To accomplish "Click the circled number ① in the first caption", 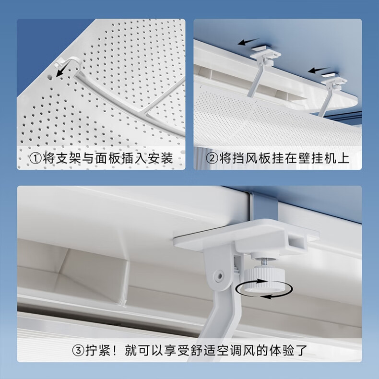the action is point(36,159).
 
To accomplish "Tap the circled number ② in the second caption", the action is point(212,158).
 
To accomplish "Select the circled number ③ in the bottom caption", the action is point(78,351).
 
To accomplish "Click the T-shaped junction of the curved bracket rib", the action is point(142,112).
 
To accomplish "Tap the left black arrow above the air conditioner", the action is point(248,42).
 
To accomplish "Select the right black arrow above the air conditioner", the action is point(319,70).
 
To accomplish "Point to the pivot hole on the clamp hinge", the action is point(219,276).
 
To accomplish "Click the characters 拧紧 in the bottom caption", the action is point(98,351).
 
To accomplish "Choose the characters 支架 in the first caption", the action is point(68,159).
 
